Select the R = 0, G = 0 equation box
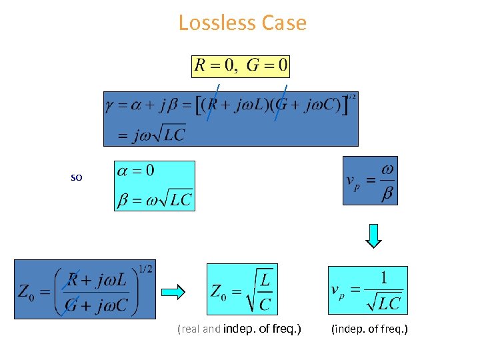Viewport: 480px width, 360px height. tap(241, 66)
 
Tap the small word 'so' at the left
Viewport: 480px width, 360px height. tap(77, 179)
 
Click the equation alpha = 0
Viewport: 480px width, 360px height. tap(136, 171)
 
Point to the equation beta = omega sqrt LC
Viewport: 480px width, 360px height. tap(155, 199)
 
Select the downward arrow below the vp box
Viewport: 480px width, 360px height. tap(375, 235)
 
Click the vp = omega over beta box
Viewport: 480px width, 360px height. tap(370, 181)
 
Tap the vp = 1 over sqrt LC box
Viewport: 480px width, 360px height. tap(367, 290)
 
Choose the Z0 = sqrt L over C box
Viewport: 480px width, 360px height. tap(242, 290)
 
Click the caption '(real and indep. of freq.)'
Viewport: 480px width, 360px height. tap(239, 329)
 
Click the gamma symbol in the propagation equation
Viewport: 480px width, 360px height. tap(110, 106)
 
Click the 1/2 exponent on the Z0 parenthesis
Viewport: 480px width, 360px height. tap(145, 269)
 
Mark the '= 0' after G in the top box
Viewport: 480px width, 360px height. tap(275, 66)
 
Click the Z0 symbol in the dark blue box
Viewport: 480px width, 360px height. tap(24, 292)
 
